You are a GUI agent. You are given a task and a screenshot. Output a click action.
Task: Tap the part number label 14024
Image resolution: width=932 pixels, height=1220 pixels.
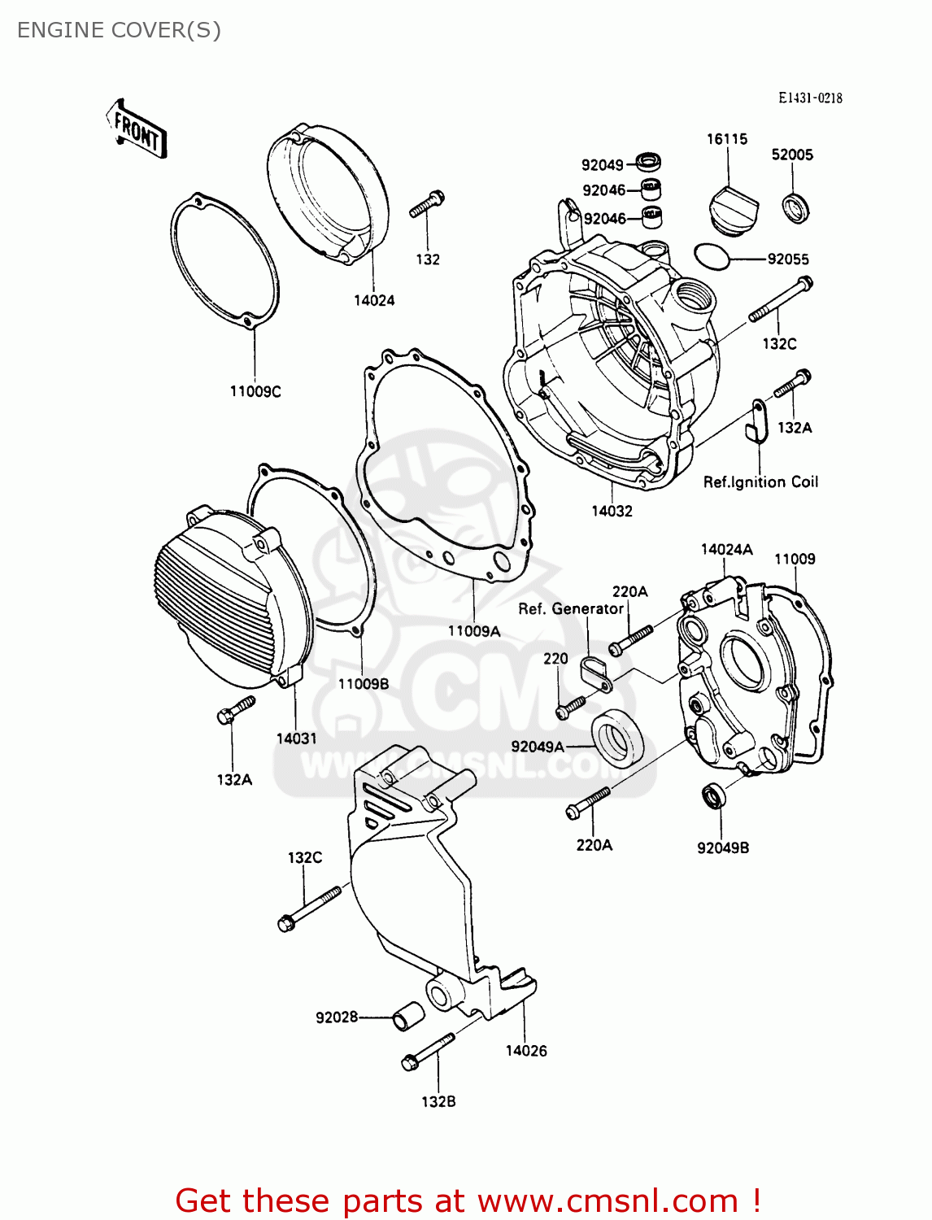373,300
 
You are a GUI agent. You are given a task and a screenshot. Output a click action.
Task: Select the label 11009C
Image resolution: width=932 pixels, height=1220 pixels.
255,391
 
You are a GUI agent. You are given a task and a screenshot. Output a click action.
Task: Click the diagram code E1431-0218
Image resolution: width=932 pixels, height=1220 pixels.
810,98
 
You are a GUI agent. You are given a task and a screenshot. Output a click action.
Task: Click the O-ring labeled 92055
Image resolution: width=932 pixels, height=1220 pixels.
712,256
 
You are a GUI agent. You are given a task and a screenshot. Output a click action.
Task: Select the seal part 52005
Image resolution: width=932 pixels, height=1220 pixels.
795,208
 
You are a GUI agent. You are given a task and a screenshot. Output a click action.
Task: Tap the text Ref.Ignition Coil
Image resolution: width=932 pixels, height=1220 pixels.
760,481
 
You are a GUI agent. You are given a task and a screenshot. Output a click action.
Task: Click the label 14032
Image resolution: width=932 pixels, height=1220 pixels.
612,511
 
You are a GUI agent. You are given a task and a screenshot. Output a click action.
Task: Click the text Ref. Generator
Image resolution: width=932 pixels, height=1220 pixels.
571,608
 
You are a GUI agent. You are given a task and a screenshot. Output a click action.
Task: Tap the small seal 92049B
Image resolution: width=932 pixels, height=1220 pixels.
714,796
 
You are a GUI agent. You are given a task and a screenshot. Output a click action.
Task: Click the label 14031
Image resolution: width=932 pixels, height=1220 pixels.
296,738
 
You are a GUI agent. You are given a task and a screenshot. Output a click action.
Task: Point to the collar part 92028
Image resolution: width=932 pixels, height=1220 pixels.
408,1017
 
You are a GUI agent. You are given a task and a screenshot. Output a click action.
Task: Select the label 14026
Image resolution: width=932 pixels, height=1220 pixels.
526,1050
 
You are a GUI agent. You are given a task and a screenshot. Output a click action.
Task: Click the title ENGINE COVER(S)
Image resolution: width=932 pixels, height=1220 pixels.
119,30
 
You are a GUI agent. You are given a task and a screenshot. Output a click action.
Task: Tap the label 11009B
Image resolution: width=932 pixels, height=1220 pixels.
364,683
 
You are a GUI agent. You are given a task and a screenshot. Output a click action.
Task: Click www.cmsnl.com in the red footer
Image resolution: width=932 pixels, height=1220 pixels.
607,1200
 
